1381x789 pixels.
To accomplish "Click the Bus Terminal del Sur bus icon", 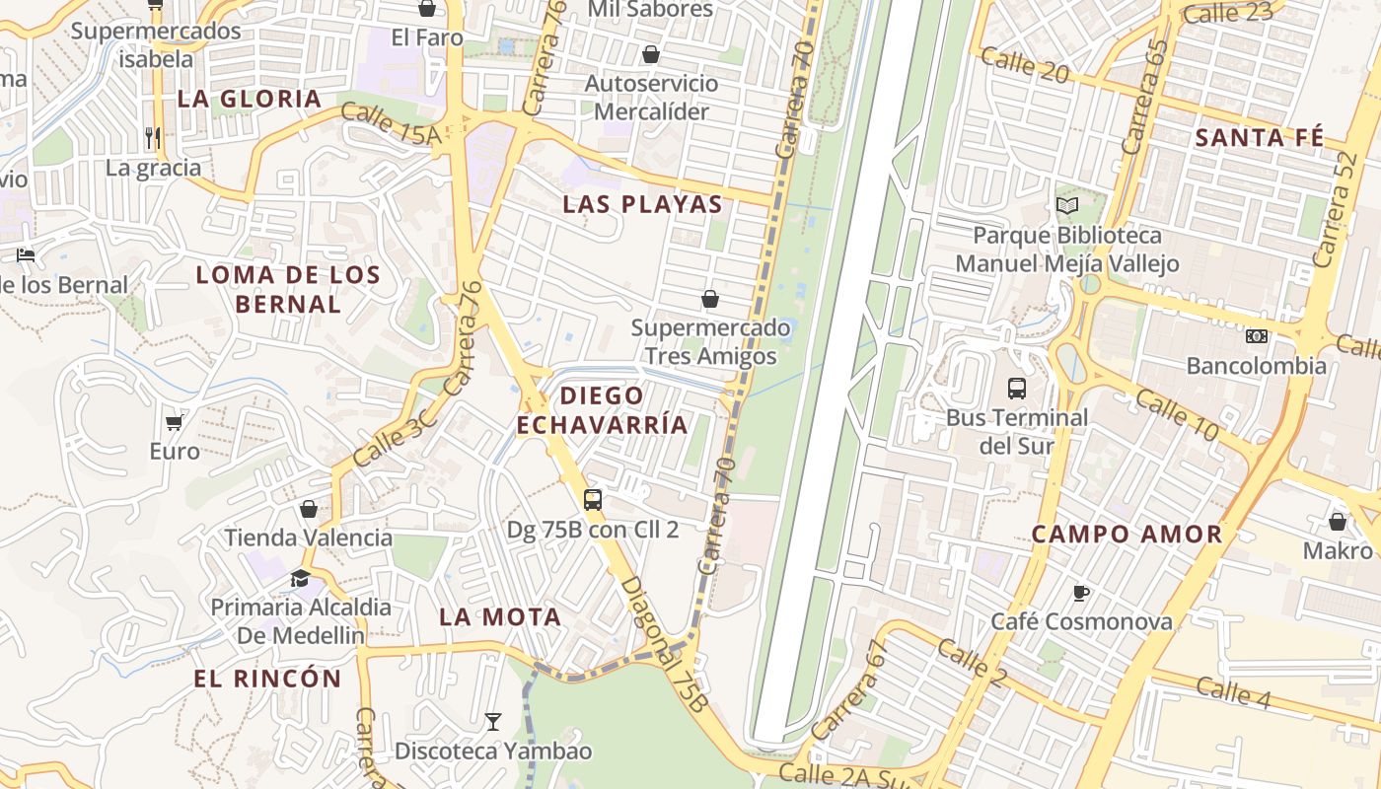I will tap(1017, 388).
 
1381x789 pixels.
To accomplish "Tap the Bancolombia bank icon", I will tap(1256, 336).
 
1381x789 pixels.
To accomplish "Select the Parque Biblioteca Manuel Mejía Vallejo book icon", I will tap(1066, 205).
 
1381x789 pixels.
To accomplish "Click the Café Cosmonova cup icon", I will tap(1081, 592).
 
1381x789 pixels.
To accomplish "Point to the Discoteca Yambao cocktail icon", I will tap(493, 722).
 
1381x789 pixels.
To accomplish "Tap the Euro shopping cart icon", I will tap(175, 422).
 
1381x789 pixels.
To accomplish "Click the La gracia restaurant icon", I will tap(152, 137).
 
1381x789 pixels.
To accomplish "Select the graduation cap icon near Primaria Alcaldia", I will tap(300, 578).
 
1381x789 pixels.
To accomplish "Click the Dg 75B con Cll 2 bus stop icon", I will tap(592, 499).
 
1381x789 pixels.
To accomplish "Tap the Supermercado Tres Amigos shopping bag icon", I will tap(709, 298).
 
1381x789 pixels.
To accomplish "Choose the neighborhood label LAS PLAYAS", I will tap(642, 205).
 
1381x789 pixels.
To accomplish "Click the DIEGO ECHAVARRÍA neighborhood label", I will tap(602, 410).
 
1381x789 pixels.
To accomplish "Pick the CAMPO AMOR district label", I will tap(1127, 535).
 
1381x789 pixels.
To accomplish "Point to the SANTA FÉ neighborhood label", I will tap(1259, 138).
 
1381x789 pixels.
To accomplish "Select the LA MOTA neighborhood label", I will tap(500, 617).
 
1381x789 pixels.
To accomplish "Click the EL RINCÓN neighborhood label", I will tap(267, 679).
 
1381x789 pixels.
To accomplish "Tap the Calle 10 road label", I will tap(1177, 413).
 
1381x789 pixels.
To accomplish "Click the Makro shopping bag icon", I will tap(1338, 521).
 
